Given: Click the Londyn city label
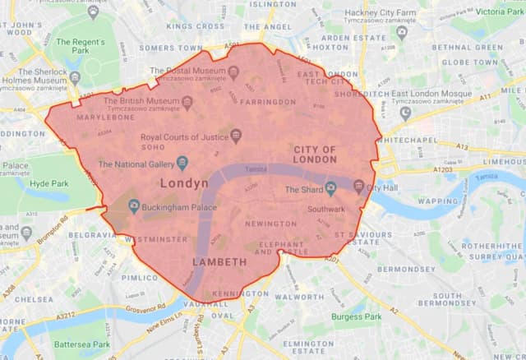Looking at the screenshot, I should (x=186, y=182).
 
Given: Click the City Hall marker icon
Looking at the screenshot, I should (x=358, y=187).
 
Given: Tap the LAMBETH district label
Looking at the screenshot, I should (x=219, y=261).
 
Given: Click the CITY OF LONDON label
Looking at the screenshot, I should (x=316, y=154).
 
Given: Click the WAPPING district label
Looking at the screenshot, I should (x=438, y=201).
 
